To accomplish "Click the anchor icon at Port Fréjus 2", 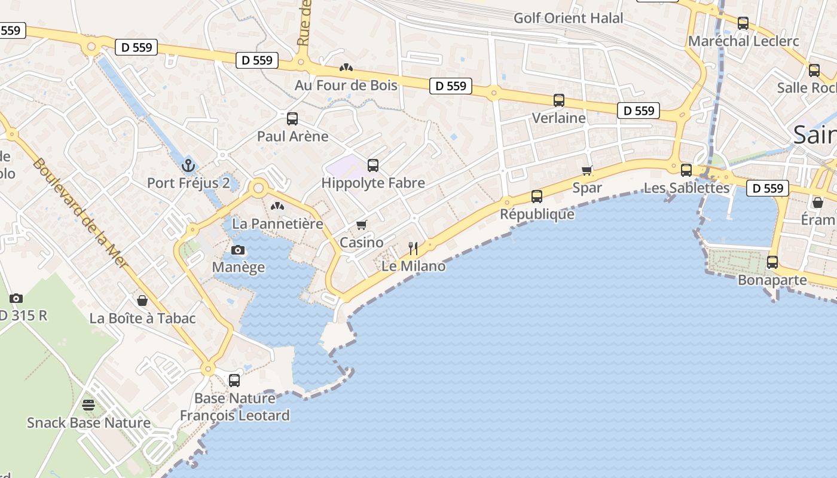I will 188,165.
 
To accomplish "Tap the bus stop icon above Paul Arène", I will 292,118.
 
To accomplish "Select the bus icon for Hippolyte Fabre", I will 373,166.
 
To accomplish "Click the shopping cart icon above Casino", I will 361,225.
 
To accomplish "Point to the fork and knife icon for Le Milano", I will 413,248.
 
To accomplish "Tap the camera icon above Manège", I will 238,250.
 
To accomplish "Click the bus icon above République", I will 537,196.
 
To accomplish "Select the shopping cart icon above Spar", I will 587,170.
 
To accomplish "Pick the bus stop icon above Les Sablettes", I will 686,170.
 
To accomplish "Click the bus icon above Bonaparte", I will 772,262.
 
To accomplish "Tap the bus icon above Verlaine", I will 559,100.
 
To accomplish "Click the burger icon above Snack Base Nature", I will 88,405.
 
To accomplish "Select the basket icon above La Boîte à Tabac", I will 142,300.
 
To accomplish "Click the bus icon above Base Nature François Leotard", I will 234,380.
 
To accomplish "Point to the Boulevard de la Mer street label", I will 81,213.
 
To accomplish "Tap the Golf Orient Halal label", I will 568,18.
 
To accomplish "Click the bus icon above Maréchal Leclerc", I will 743,23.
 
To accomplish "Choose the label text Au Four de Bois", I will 346,85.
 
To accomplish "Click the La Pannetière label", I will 277,224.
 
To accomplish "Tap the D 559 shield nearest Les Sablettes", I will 768,188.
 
